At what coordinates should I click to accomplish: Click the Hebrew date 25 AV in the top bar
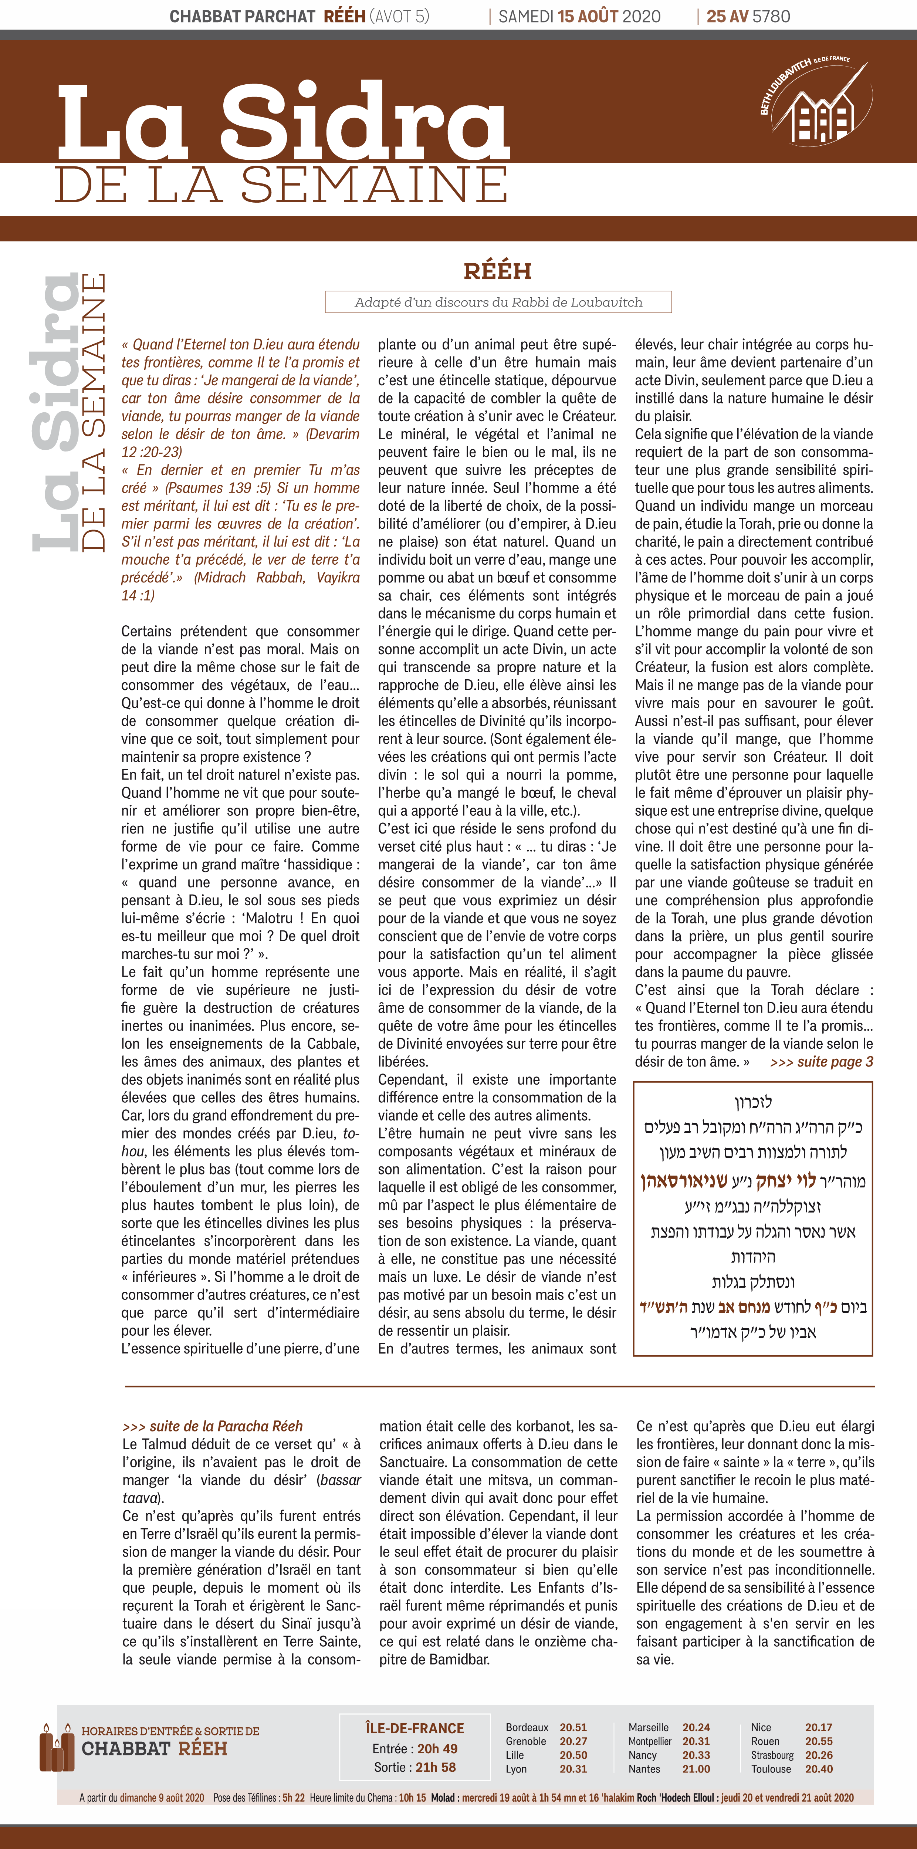pyautogui.click(x=728, y=16)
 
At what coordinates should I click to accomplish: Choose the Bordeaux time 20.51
pyautogui.click(x=573, y=1727)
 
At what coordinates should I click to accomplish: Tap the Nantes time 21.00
pyautogui.click(x=696, y=1769)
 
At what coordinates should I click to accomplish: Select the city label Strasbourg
pyautogui.click(x=772, y=1755)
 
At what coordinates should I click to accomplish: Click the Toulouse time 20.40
pyautogui.click(x=819, y=1769)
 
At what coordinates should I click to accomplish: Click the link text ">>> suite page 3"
pyautogui.click(x=822, y=1062)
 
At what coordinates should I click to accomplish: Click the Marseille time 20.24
pyautogui.click(x=696, y=1727)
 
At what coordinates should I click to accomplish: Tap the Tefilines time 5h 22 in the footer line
pyautogui.click(x=294, y=1797)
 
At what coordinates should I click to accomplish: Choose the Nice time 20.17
pyautogui.click(x=819, y=1727)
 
